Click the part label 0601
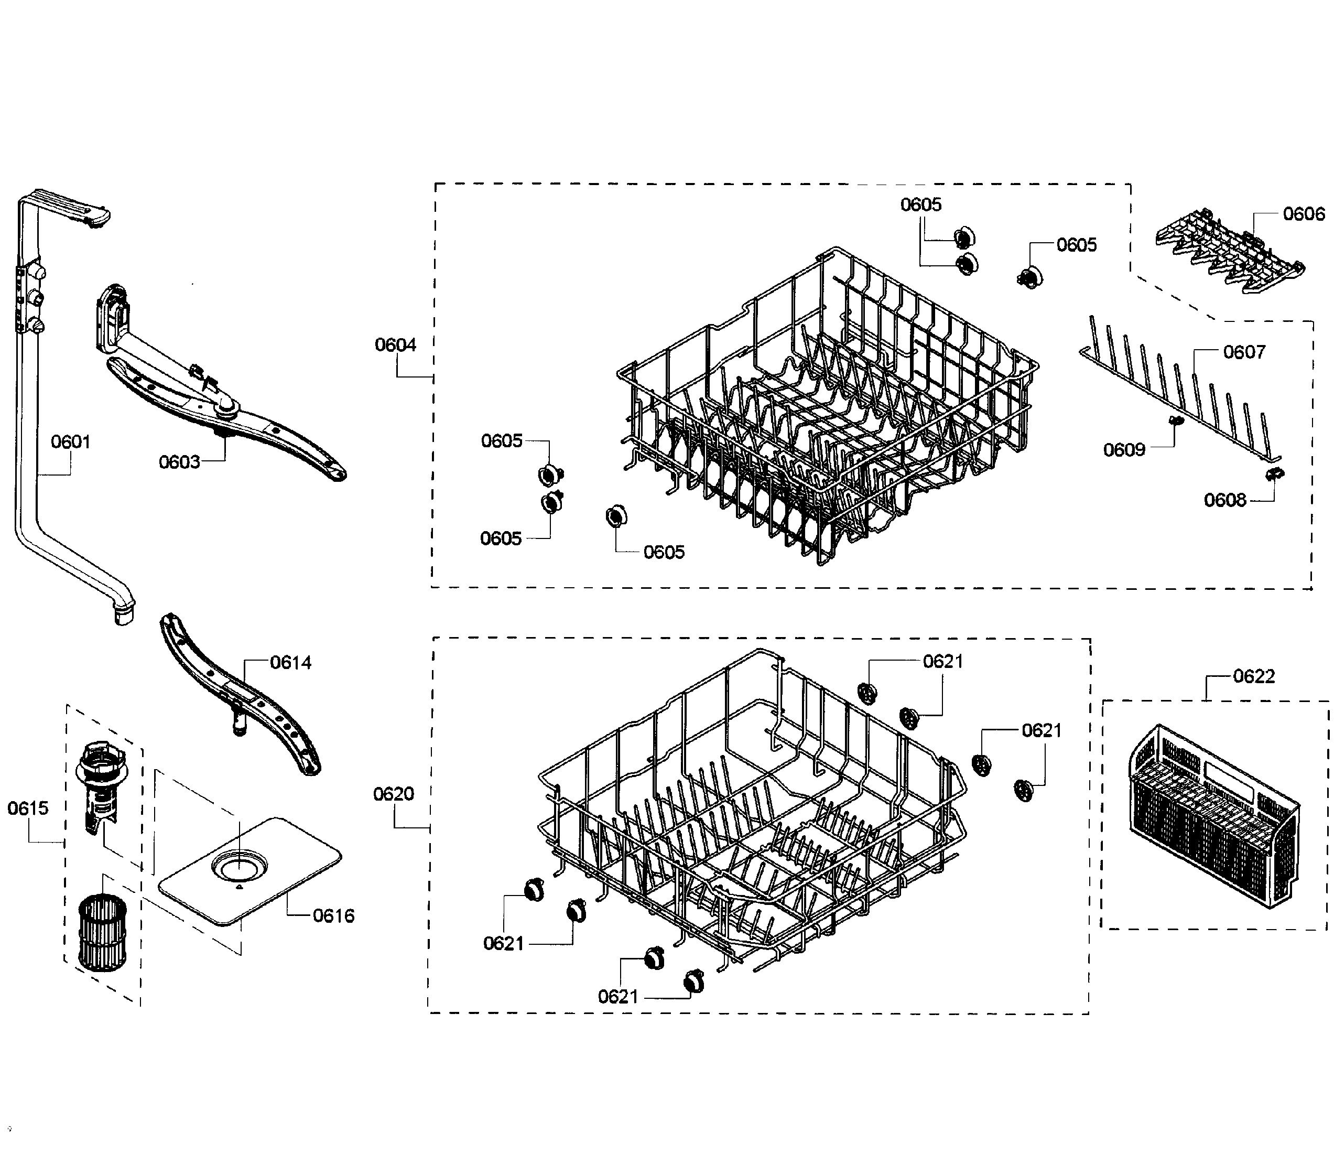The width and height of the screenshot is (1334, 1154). [70, 442]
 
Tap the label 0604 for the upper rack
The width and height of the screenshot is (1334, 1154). [395, 344]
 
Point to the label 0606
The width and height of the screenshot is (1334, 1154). [1304, 214]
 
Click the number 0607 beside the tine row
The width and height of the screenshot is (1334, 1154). [1244, 352]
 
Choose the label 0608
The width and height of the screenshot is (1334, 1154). [1224, 500]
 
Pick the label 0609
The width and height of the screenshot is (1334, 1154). [1124, 449]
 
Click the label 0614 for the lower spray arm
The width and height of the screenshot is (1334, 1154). [290, 662]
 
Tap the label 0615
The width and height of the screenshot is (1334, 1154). [28, 808]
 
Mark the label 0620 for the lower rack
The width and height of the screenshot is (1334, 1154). [393, 794]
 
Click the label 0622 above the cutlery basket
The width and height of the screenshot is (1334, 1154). [1253, 676]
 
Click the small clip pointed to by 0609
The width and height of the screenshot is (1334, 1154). [1176, 421]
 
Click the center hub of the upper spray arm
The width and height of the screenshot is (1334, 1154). [226, 406]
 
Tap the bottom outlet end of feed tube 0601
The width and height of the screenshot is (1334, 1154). [123, 617]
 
